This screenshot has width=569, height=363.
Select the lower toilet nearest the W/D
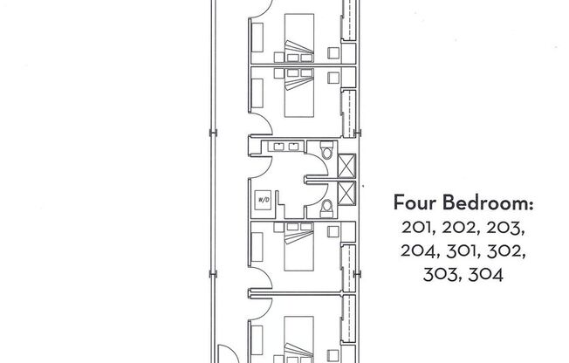[326, 206]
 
